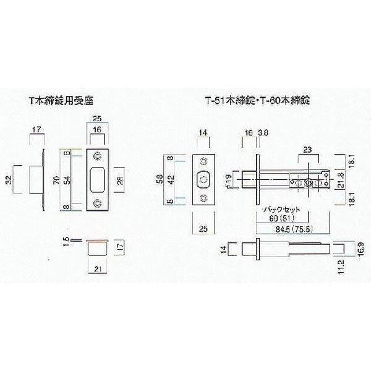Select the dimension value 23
(x=308, y=148)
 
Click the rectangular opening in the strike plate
(x=96, y=179)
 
